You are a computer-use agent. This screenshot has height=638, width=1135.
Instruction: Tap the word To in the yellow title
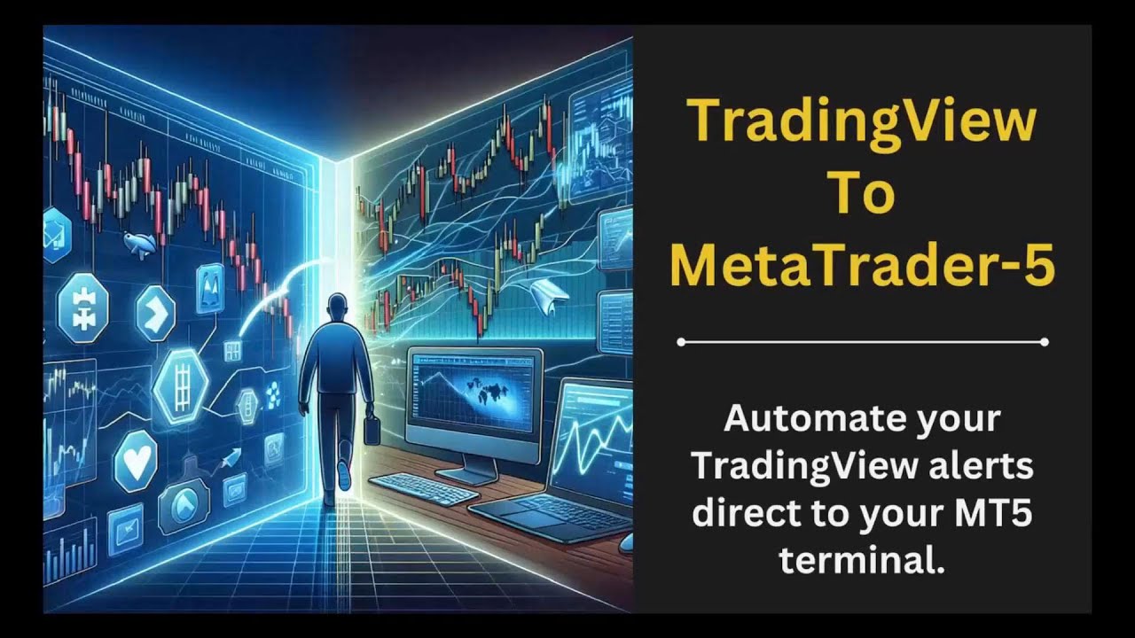point(861,192)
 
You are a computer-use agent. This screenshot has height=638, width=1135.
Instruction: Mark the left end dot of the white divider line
point(680,341)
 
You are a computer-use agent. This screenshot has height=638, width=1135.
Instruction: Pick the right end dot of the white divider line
point(1045,341)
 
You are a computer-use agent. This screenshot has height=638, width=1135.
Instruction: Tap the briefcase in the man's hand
point(372,432)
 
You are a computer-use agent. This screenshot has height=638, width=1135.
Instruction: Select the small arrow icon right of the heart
point(231,459)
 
